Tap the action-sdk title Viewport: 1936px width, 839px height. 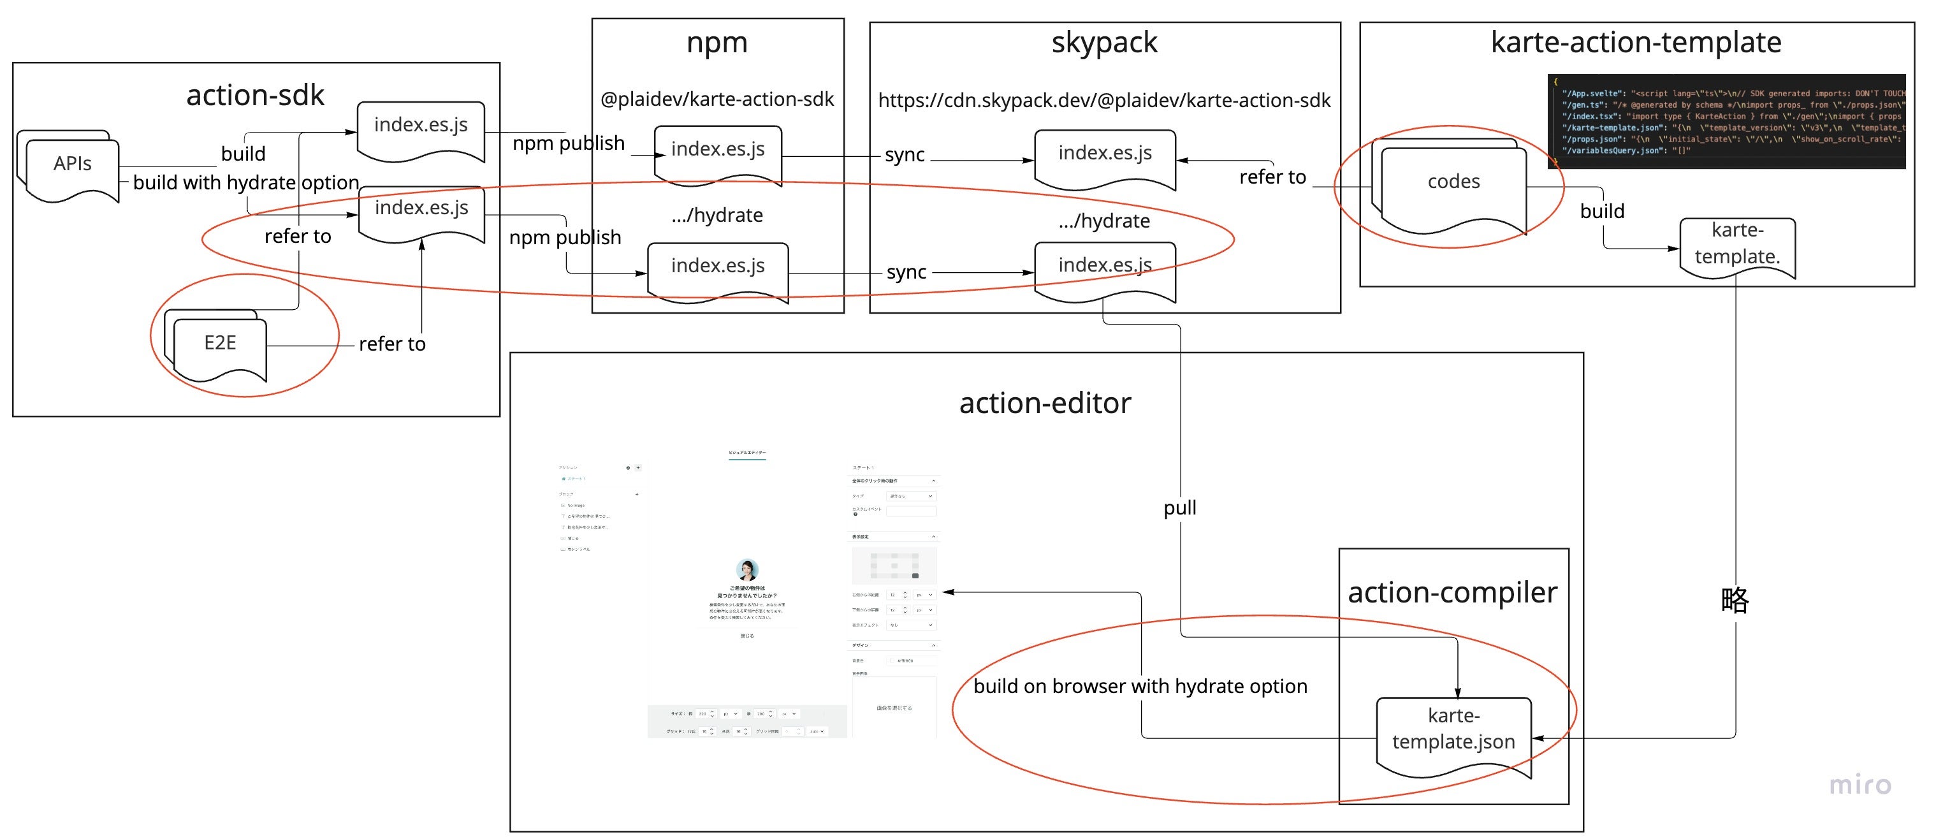coord(256,96)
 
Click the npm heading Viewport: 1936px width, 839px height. coord(717,43)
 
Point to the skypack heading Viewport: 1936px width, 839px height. coord(1104,43)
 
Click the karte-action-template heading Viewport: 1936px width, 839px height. coord(1635,43)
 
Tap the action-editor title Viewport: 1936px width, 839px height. coord(1045,404)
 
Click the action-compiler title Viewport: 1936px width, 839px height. coord(1452,593)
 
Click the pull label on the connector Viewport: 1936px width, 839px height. coord(1180,508)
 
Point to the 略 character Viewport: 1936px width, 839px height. coord(1735,600)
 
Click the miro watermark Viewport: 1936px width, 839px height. coord(1860,785)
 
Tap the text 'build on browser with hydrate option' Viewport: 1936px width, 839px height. coord(1140,687)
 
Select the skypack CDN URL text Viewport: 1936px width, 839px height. coord(1104,101)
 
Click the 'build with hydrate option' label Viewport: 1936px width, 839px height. coord(246,183)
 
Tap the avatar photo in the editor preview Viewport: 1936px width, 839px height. coord(747,569)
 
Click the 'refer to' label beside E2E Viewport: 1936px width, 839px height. coord(391,344)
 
